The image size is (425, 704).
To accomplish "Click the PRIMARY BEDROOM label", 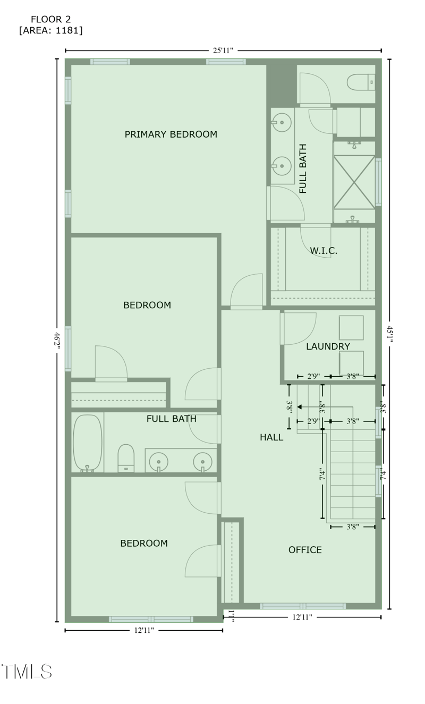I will pos(171,134).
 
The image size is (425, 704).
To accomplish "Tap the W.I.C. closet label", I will pos(324,251).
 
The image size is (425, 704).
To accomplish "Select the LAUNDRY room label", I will pos(328,346).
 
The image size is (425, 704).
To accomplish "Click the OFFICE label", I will pos(305,550).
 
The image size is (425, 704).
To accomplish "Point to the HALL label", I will pos(271,437).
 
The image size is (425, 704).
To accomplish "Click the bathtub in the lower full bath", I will pos(87,442).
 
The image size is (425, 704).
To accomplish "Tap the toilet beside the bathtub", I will pos(126,457).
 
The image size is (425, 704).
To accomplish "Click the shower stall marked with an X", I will pos(354,182).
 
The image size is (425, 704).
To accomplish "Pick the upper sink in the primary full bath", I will pos(283,123).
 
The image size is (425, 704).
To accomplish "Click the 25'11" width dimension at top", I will pos(223,50).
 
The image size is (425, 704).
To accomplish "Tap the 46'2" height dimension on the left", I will pos(56,340).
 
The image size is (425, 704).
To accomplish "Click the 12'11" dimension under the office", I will pos(302,617).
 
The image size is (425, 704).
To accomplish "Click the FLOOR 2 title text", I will pos(50,19).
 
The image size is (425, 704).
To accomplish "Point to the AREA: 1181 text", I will pos(50,30).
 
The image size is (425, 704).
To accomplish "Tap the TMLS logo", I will pos(27,671).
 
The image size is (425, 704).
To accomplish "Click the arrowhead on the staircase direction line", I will pos(300,407).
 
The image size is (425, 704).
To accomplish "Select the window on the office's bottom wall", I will pos(302,606).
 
